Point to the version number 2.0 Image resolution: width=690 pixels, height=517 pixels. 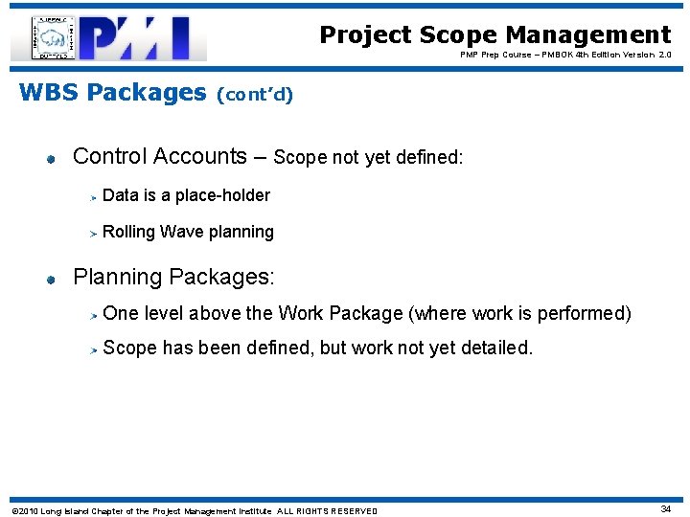[664, 56]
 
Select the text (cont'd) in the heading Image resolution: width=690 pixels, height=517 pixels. [256, 94]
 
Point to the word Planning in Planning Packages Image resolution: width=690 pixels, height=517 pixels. [117, 278]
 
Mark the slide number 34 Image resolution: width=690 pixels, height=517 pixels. [665, 509]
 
